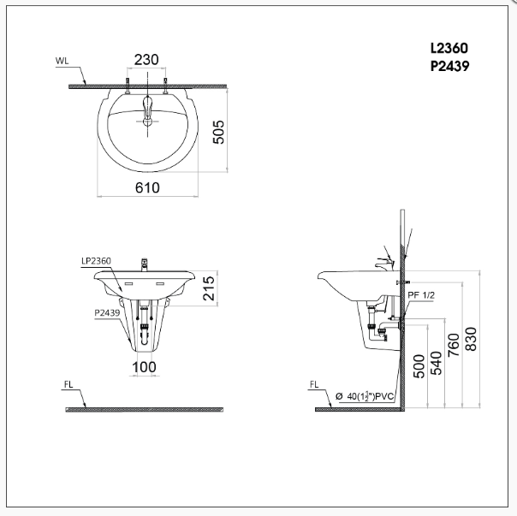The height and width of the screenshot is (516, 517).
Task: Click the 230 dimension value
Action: tap(147, 60)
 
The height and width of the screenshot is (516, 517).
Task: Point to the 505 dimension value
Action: tap(219, 131)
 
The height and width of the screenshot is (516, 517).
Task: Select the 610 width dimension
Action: tap(147, 188)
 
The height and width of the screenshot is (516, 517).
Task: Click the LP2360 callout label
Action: tap(97, 260)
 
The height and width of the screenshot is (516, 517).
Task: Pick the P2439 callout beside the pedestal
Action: tap(107, 313)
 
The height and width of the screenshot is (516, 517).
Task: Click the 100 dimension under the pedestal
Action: tap(144, 367)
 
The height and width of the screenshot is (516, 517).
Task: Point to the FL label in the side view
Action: tap(316, 386)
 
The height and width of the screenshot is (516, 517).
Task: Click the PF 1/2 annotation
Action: tap(421, 294)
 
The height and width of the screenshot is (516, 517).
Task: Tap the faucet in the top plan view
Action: tap(147, 110)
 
